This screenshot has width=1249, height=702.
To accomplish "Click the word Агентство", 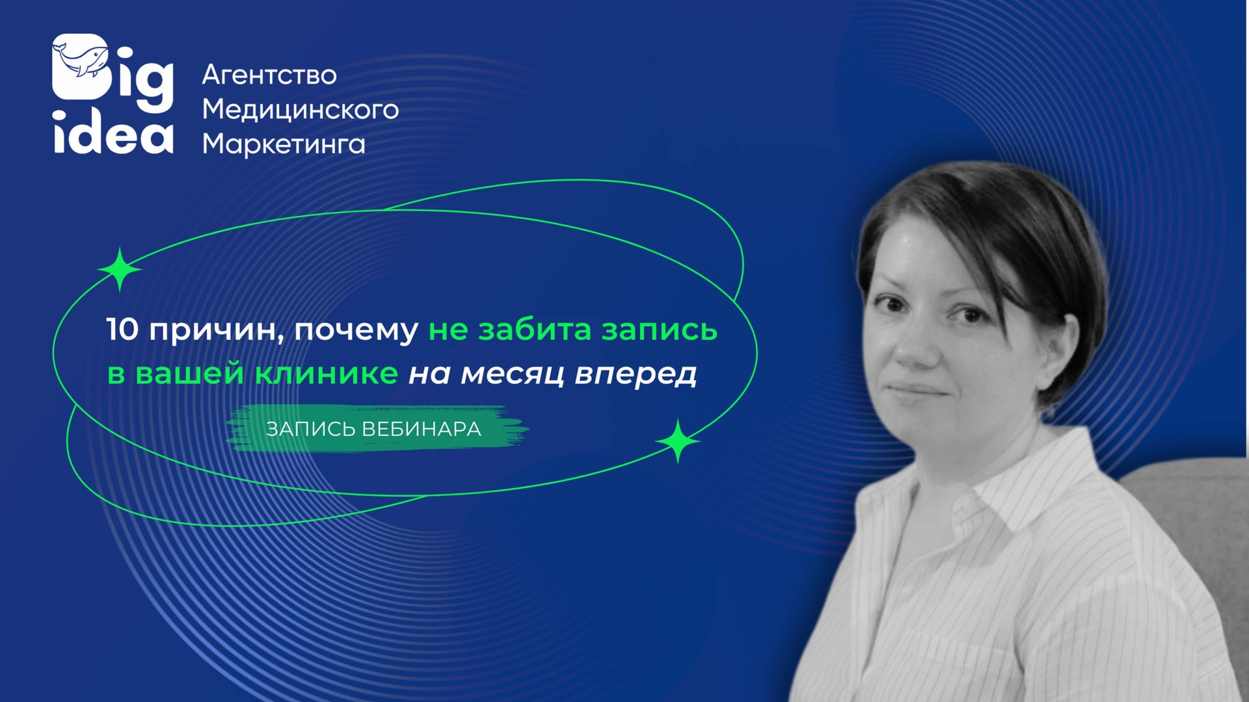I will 269,75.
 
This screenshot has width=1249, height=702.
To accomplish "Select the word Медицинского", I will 300,109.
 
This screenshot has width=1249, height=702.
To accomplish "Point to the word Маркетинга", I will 284,144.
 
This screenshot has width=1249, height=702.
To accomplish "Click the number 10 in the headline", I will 122,330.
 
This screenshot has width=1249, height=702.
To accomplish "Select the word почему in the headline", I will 356,331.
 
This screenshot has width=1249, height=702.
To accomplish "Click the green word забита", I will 535,330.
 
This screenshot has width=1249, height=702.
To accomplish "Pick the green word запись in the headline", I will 658,330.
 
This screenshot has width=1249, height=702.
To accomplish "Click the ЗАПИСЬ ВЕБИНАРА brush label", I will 374,429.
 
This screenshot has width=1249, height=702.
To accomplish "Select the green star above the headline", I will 120,269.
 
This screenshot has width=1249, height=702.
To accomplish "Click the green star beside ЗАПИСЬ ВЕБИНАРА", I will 678,441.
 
